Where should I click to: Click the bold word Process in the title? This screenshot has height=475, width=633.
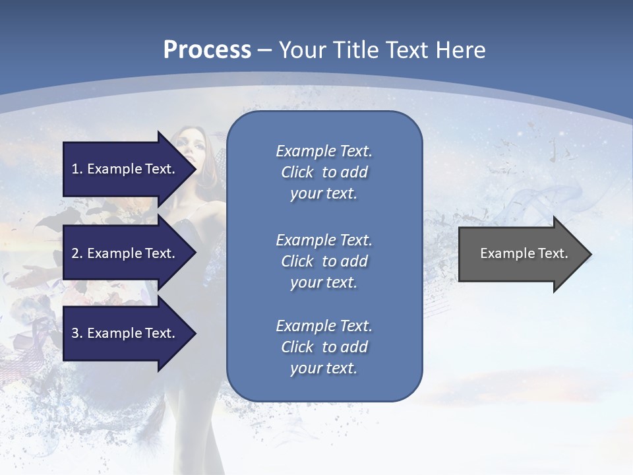[x=207, y=50]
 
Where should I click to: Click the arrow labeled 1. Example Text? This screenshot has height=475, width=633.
[x=125, y=169]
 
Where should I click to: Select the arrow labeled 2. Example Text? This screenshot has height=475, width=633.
[x=125, y=253]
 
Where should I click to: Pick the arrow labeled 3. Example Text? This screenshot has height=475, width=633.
[x=125, y=333]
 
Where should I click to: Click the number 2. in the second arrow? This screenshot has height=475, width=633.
[x=76, y=253]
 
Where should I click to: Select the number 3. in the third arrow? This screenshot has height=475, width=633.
[x=76, y=333]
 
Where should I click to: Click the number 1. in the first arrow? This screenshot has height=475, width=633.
[x=76, y=169]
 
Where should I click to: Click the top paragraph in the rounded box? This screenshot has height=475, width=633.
[x=324, y=172]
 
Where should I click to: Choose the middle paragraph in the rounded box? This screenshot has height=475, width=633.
[x=324, y=261]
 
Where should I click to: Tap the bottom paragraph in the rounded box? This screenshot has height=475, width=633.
[x=324, y=347]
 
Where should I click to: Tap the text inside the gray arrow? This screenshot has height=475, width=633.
[x=524, y=253]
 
